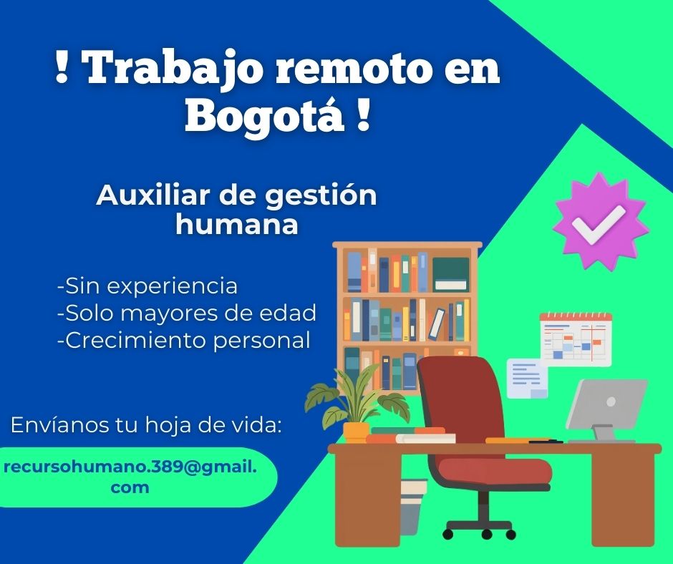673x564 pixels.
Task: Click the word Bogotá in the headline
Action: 262,117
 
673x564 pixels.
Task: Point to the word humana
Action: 236,225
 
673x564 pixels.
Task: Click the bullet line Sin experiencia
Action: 147,286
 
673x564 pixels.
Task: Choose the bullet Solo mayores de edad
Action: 186,313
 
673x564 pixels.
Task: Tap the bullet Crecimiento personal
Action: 183,340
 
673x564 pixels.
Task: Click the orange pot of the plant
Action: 356,431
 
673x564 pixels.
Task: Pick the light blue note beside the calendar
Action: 527,377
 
